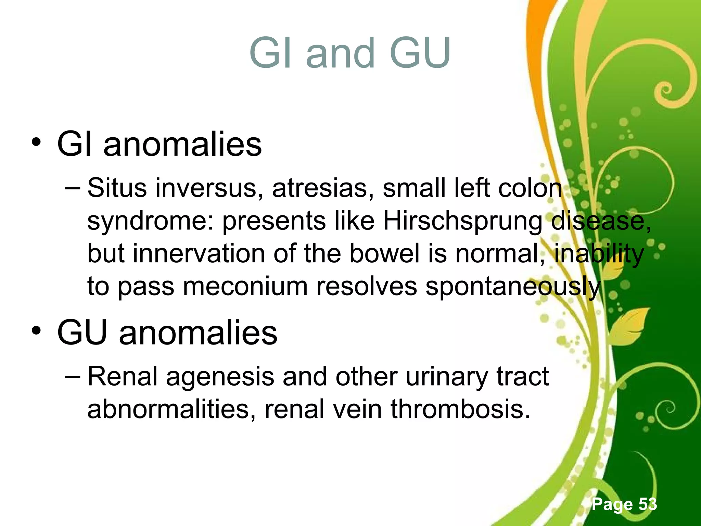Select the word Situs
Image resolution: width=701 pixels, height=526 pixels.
(117, 188)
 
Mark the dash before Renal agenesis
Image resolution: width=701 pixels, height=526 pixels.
(73, 376)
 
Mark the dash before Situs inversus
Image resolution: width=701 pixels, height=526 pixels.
(73, 188)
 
